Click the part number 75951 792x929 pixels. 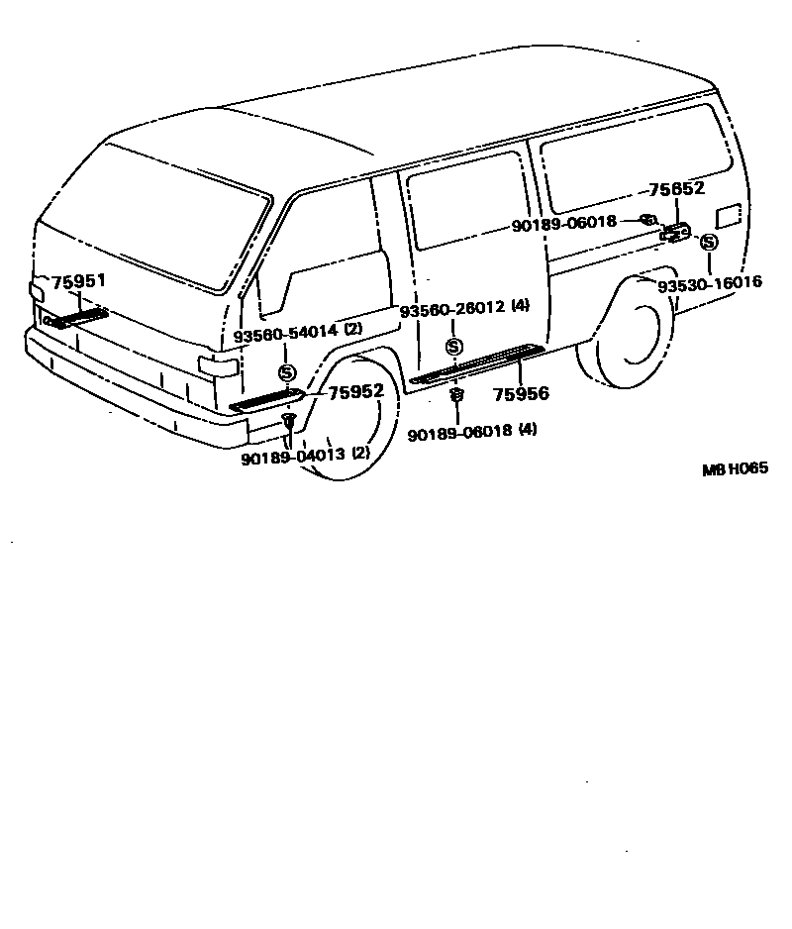point(78,283)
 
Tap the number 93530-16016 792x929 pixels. point(710,283)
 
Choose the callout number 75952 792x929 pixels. point(355,392)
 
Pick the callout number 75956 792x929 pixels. point(522,394)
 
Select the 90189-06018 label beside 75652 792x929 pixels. point(564,225)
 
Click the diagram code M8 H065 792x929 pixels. point(735,470)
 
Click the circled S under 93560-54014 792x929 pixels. point(286,372)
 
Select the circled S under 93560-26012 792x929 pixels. point(453,347)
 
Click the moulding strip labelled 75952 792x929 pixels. point(265,400)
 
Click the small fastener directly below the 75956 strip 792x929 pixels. point(456,396)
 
